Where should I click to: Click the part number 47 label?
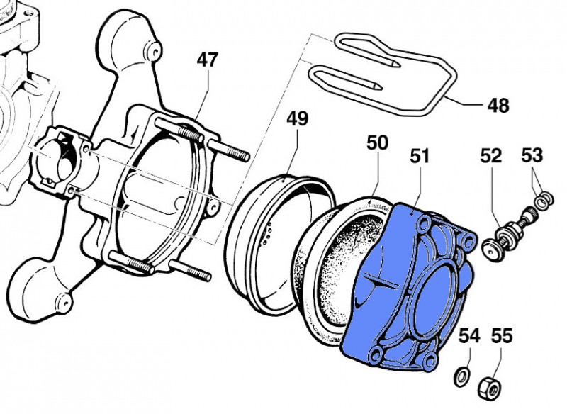[x=207, y=61]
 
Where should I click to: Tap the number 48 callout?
[x=498, y=106]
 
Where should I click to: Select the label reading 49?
[x=298, y=118]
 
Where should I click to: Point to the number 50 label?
[x=377, y=143]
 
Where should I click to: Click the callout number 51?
[x=420, y=156]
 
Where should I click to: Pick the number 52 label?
[x=491, y=155]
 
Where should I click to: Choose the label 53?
[x=533, y=155]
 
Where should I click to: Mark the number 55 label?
[x=501, y=336]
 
